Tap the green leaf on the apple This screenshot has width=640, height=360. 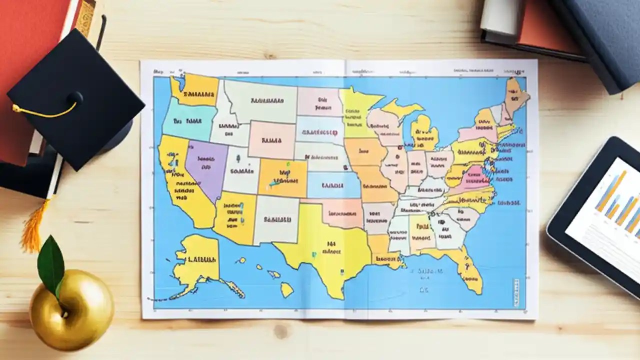pos(51,264)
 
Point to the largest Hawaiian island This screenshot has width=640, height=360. pos(286,289)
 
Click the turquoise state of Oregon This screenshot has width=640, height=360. pos(187,120)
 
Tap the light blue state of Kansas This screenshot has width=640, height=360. pos(332,185)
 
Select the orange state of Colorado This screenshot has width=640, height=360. pos(283,177)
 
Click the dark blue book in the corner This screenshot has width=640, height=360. pos(600,35)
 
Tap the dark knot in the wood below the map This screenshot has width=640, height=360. pos(281,330)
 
